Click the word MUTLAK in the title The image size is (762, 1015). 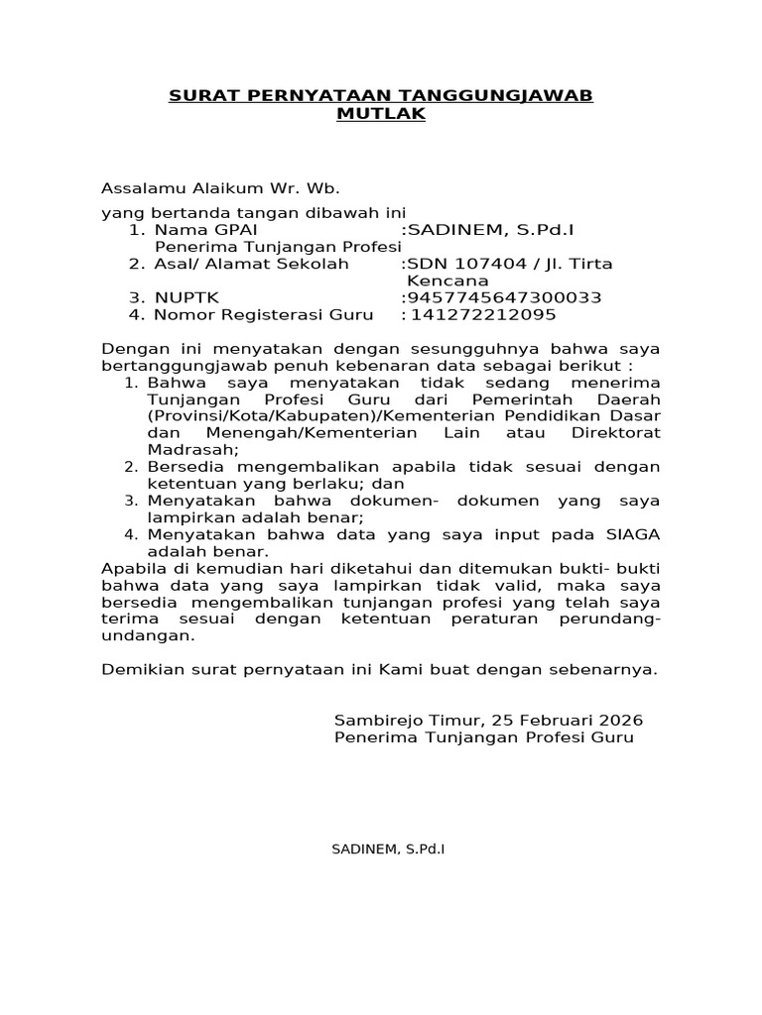click(381, 114)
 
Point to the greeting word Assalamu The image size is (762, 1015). click(138, 188)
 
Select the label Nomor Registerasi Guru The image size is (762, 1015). click(265, 315)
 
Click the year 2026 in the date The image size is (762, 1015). click(620, 720)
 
